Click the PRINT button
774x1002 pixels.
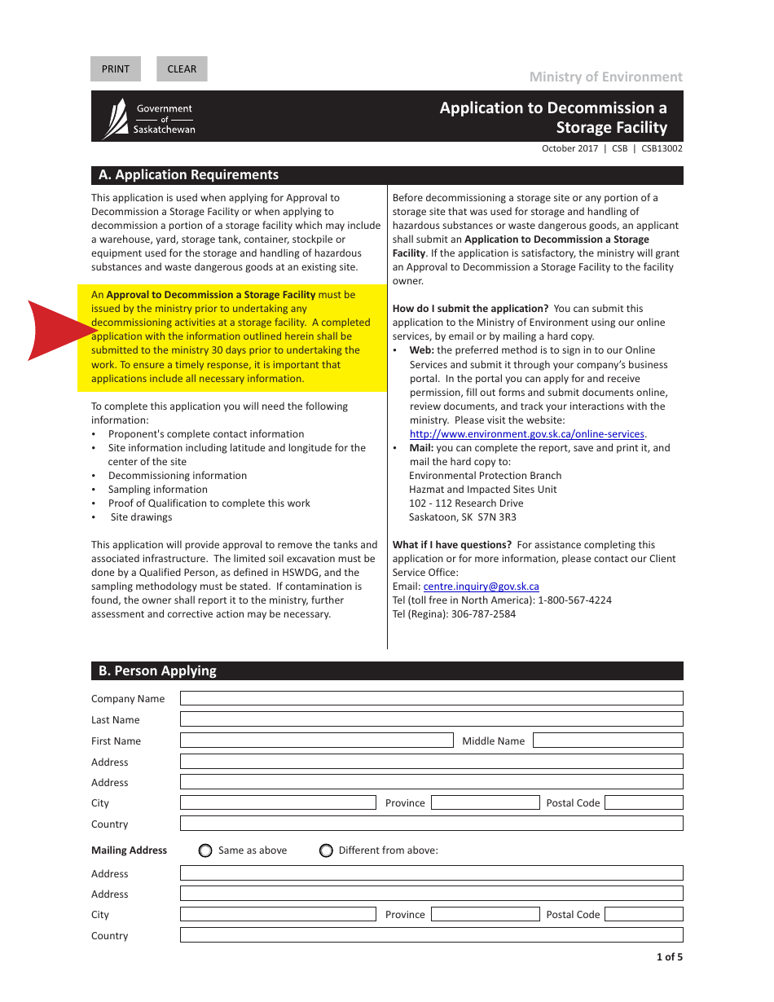pyautogui.click(x=116, y=69)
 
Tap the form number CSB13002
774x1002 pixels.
pyautogui.click(x=662, y=149)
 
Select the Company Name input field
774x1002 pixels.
pyautogui.click(x=431, y=698)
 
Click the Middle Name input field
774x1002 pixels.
pyautogui.click(x=608, y=741)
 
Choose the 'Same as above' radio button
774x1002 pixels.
pyautogui.click(x=205, y=850)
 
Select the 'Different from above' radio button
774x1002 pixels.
pyautogui.click(x=326, y=850)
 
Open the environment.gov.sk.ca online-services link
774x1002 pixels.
pyautogui.click(x=526, y=434)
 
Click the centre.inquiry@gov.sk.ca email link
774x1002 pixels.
pyautogui.click(x=481, y=587)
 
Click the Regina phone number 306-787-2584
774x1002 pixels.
pyautogui.click(x=483, y=614)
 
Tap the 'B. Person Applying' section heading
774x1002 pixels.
pyautogui.click(x=158, y=671)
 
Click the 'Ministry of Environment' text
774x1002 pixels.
pyautogui.click(x=605, y=77)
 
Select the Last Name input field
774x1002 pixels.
pyautogui.click(x=431, y=719)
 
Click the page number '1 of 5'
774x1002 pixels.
pyautogui.click(x=669, y=957)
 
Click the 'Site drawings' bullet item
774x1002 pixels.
pyautogui.click(x=141, y=517)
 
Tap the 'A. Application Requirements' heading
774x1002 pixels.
pyautogui.click(x=188, y=175)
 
